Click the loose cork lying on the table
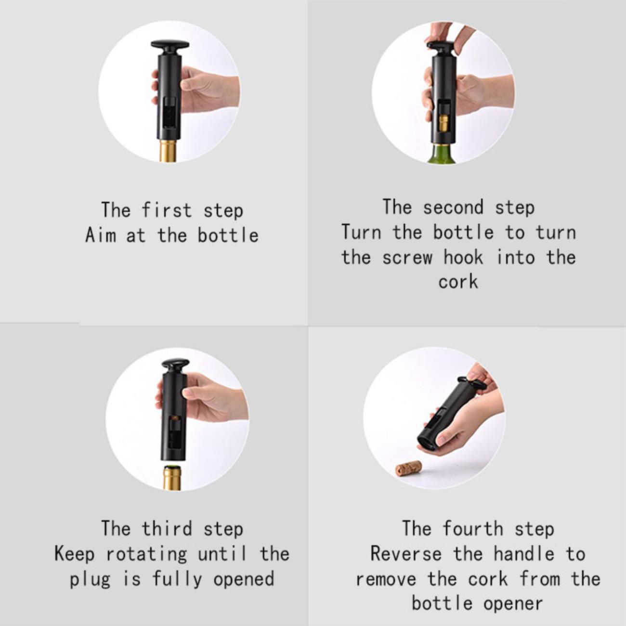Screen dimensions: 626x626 point(409,469)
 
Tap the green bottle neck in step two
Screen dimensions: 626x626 point(443,154)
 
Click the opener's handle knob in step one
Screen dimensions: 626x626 point(170,46)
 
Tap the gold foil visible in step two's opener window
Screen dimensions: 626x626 point(443,125)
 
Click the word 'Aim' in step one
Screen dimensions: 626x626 point(100,235)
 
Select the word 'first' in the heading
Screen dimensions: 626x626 point(167,210)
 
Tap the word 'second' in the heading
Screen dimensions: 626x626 point(453,207)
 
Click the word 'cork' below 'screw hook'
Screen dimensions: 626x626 point(458,281)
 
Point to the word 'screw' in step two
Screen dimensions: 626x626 point(407,257)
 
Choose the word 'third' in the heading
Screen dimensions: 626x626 point(167,528)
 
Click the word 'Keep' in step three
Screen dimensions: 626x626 point(74,554)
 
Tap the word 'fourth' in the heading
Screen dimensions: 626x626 point(473,528)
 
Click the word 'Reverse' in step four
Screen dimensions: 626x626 point(406,554)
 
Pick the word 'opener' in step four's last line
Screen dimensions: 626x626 point(513,604)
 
